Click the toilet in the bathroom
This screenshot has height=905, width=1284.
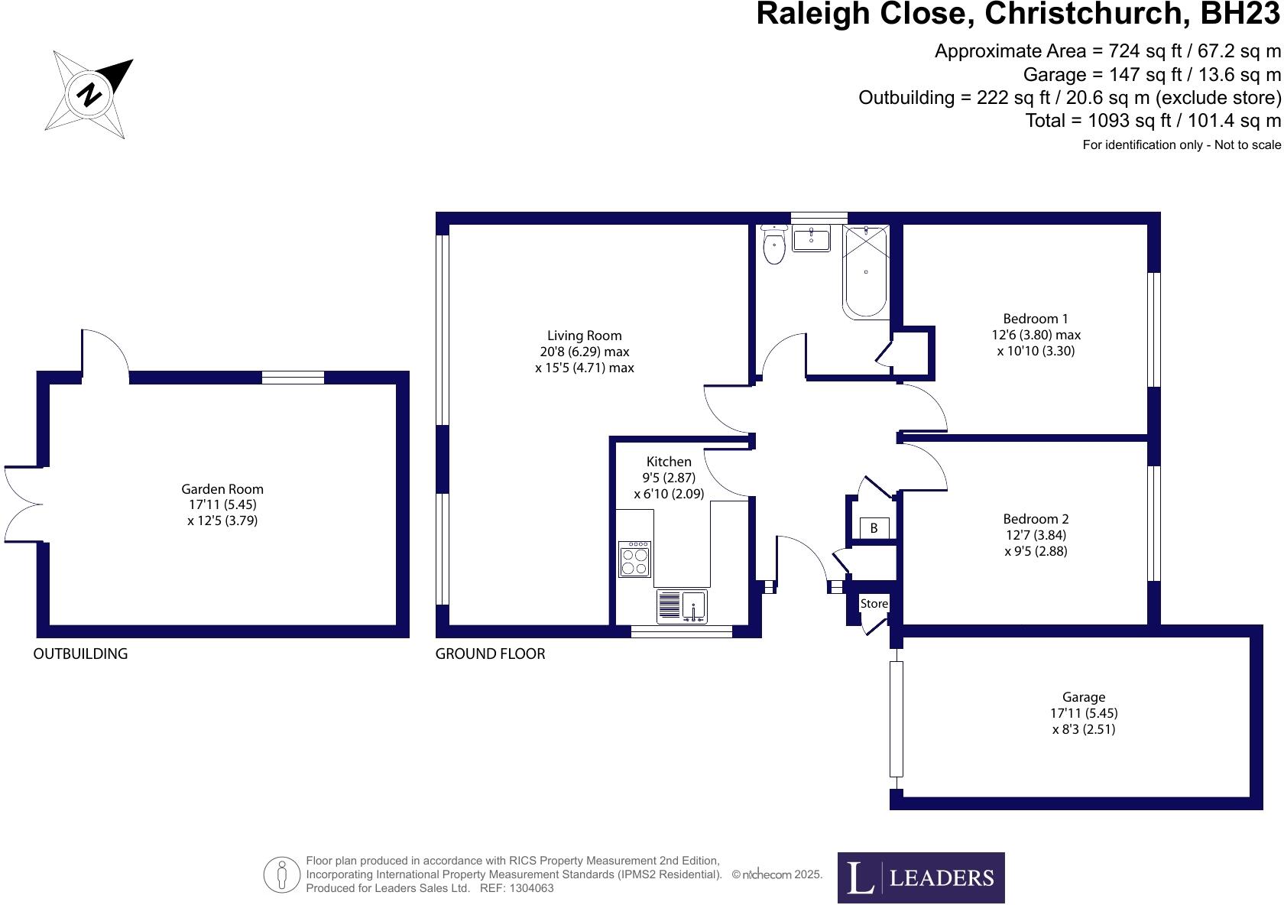tap(773, 245)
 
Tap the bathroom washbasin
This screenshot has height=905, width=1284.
tap(811, 238)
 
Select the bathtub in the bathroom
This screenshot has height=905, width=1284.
tap(865, 271)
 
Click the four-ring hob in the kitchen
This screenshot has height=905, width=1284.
tap(634, 559)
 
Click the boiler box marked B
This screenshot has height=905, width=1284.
tap(874, 528)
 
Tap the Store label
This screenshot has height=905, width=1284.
tap(874, 604)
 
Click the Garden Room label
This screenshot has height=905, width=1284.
tap(222, 489)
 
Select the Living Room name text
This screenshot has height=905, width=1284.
tap(584, 336)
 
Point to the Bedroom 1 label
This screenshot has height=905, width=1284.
tap(1035, 319)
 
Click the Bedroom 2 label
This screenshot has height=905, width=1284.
tap(1036, 519)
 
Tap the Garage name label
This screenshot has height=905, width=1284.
tap(1084, 698)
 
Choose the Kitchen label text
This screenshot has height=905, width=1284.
tap(669, 462)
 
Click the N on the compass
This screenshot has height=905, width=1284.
tap(89, 93)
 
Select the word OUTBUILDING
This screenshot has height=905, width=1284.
tap(80, 654)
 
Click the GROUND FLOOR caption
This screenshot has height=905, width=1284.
tap(490, 654)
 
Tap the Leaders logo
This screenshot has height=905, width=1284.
tap(921, 877)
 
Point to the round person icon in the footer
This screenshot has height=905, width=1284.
tap(281, 874)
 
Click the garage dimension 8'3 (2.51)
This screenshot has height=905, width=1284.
tap(1084, 729)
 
